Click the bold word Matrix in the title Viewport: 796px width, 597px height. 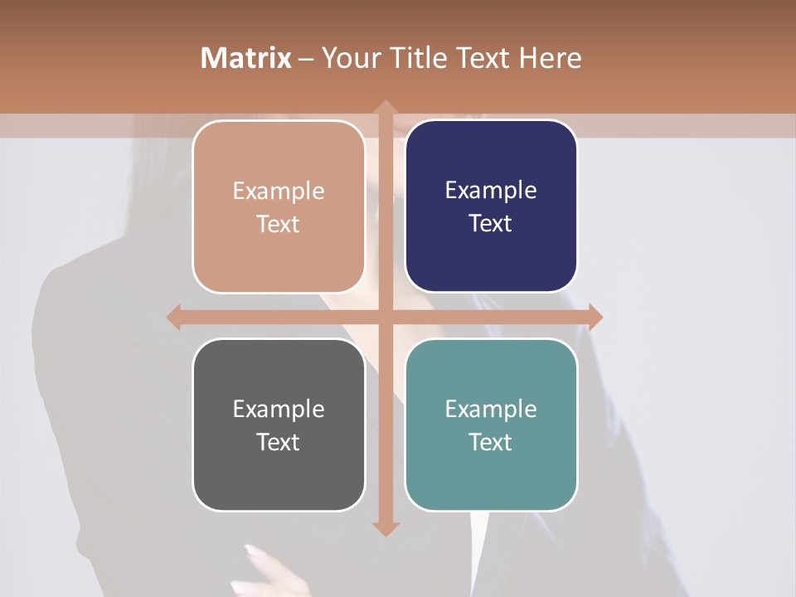[x=246, y=57]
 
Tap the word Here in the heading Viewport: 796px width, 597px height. [x=550, y=57]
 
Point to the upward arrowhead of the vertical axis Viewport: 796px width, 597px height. [x=385, y=108]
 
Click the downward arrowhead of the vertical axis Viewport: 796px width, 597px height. [x=385, y=528]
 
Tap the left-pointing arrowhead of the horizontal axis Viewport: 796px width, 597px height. [x=174, y=317]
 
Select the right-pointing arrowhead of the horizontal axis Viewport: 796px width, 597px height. [x=595, y=317]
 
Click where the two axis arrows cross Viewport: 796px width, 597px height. [x=385, y=317]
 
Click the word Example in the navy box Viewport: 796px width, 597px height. [x=491, y=191]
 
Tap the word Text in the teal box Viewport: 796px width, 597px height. [x=491, y=442]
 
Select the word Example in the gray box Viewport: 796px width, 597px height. [x=279, y=409]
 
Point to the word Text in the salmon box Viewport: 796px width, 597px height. [x=279, y=224]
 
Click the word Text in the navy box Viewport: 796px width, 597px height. [x=491, y=224]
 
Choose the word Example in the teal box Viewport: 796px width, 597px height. [x=491, y=409]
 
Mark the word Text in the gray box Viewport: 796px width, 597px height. [x=279, y=442]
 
